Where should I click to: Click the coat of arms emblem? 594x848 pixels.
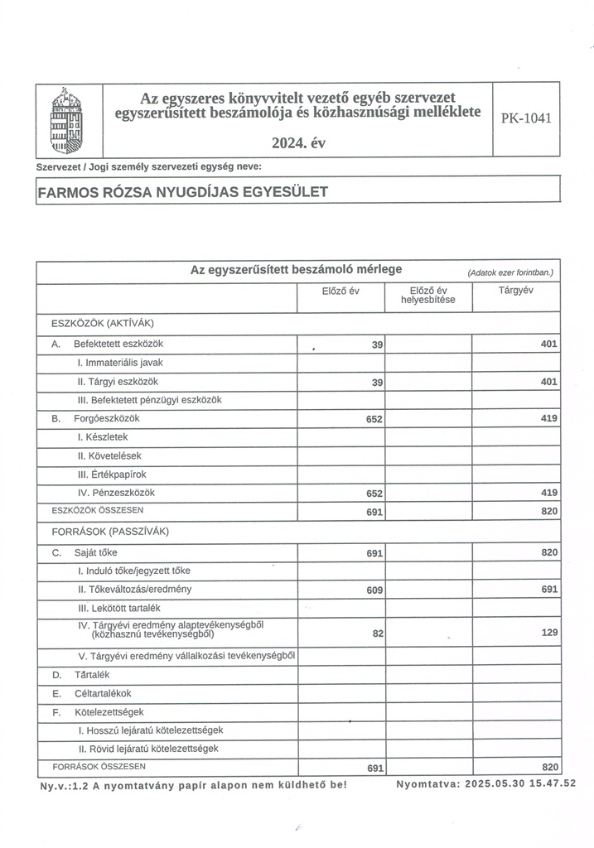coord(68,119)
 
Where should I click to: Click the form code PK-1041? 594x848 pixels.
coord(525,118)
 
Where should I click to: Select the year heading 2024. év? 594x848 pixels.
coord(298,142)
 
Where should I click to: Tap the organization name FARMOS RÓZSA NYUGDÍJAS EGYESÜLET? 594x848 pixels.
coord(183,192)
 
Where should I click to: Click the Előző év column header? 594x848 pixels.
coord(340,291)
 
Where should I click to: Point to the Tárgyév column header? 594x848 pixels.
coord(515,291)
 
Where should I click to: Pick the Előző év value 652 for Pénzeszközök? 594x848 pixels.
coord(374,494)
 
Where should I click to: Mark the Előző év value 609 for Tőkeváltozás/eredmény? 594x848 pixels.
coord(374,590)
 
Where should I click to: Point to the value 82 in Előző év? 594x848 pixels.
coord(377,634)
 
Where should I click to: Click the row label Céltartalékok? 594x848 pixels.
coord(103,693)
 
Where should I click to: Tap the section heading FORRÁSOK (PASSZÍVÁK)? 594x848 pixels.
coord(104,531)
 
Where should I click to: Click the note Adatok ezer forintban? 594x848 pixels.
coord(509,272)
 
